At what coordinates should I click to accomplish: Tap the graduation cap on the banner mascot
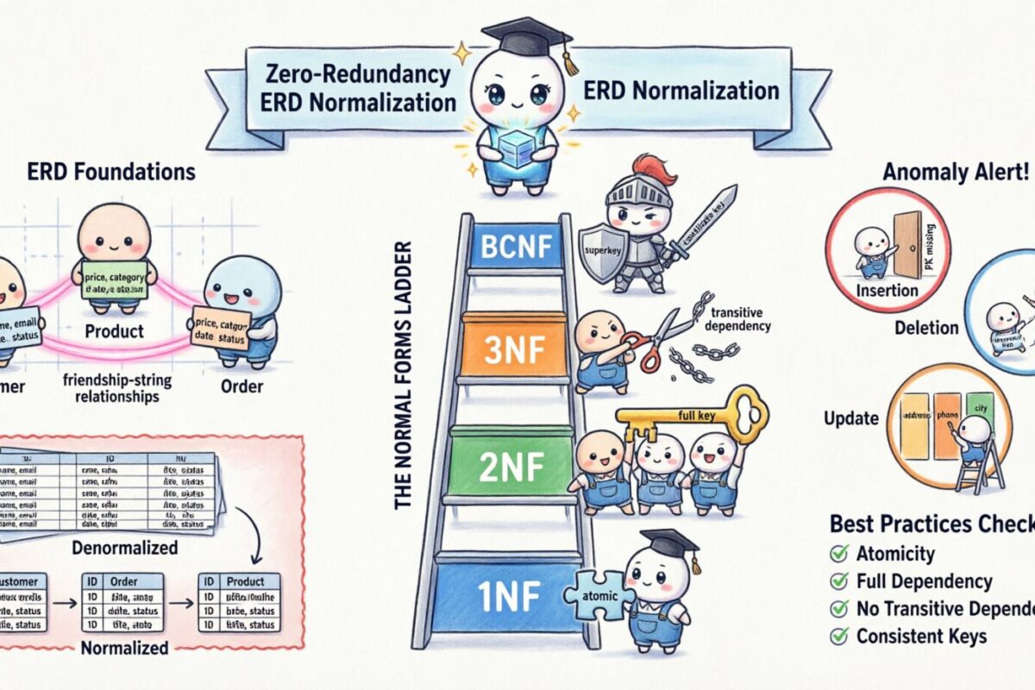pos(527,36)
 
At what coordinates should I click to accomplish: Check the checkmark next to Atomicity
pos(837,554)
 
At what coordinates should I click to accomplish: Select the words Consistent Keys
pos(921,637)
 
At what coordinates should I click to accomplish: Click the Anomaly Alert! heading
pos(956,172)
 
